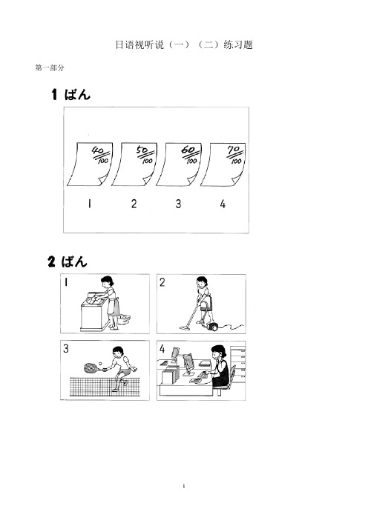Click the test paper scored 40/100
point(90,164)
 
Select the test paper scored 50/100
point(134,164)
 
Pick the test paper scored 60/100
point(179,164)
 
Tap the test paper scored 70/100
point(223,164)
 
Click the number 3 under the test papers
point(178,204)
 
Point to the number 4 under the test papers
point(223,204)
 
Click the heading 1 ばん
point(70,94)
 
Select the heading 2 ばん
point(68,261)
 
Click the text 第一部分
point(50,68)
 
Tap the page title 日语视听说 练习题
point(184,44)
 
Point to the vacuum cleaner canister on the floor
point(212,327)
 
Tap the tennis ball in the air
point(100,364)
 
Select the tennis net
point(104,387)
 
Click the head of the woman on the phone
point(218,352)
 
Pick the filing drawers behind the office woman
point(238,363)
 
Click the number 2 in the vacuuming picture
point(162,282)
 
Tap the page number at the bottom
point(184,486)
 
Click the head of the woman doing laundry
point(108,281)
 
